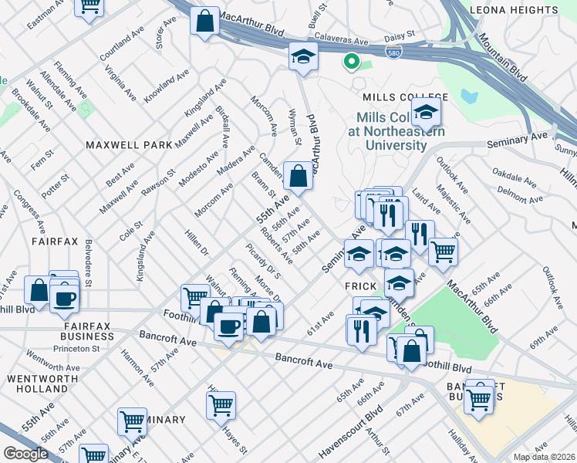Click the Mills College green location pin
click(x=351, y=60)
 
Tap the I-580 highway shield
click(x=393, y=50)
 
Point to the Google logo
click(x=25, y=453)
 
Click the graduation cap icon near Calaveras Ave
click(x=304, y=56)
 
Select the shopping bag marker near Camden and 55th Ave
click(x=298, y=175)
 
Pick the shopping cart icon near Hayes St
click(x=221, y=404)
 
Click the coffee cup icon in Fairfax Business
click(x=65, y=298)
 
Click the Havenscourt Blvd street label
click(x=351, y=435)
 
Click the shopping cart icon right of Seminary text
click(x=132, y=421)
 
